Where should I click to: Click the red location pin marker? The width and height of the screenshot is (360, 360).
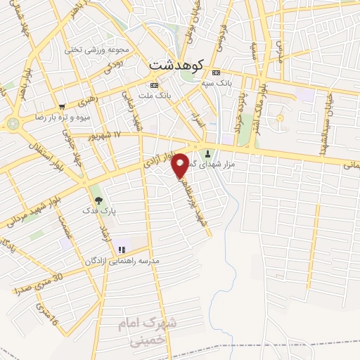[x=181, y=165]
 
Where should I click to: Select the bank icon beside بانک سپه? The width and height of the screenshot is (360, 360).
[x=216, y=72]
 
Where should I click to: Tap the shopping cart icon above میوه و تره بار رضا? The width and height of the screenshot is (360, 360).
[x=61, y=107]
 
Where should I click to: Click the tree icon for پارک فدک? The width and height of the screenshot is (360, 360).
[x=97, y=200]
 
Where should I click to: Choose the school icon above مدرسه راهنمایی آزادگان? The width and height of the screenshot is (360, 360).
[x=122, y=249]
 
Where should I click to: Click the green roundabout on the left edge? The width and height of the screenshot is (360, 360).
[x=12, y=123]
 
